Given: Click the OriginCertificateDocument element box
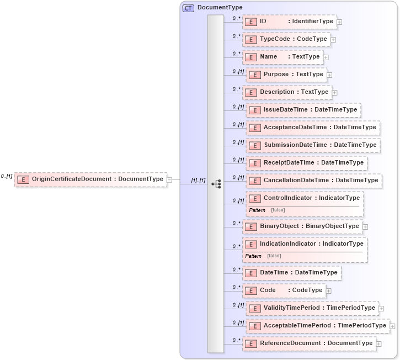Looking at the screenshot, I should pos(90,179).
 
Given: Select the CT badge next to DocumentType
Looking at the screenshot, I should pos(188,7).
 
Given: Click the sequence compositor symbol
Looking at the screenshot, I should pos(216,183).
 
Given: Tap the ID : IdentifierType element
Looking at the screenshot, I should pos(290,22).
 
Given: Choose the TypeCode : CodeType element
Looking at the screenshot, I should pos(286,39).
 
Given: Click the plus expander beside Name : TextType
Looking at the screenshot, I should pos(326,57).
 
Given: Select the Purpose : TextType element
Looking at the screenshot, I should pos(286,75).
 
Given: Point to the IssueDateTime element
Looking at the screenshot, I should pos(303,110).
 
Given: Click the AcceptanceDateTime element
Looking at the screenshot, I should pos(313,128).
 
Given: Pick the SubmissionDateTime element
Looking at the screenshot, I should pos(313,145).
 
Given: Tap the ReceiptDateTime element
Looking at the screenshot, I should pos(307,163).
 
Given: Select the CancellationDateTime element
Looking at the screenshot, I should pos(314,181).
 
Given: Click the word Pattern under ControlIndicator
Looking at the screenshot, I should pos(257,210).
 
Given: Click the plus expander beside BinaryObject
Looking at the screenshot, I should pos(365,226).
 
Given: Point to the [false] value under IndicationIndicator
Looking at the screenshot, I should pos(274,256).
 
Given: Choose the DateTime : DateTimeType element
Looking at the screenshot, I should pos(292,273).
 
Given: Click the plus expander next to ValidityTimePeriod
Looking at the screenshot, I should pos(381,308).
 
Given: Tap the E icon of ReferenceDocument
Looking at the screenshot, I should pos(251,343).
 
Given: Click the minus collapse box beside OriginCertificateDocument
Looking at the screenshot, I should pos(169,179).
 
